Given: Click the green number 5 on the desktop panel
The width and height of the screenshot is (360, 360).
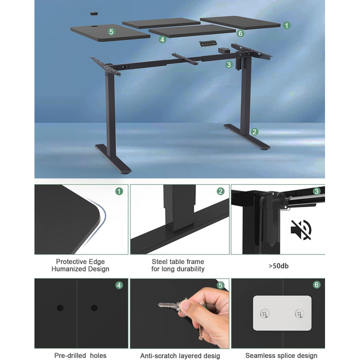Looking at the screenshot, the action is pyautogui.click(x=112, y=32).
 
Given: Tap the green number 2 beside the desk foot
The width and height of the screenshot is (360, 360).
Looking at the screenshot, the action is pyautogui.click(x=254, y=132).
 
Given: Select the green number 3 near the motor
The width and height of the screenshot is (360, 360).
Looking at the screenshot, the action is pyautogui.click(x=229, y=65).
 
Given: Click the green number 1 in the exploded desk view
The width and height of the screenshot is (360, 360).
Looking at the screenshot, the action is pyautogui.click(x=286, y=25).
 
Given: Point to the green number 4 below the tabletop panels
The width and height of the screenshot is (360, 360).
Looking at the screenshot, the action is pyautogui.click(x=163, y=40).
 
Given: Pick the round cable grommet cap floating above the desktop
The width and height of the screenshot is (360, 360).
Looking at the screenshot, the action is pyautogui.click(x=94, y=13).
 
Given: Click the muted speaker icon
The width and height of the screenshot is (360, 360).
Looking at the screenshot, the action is pyautogui.click(x=301, y=230).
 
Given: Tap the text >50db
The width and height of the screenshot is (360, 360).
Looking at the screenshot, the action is pyautogui.click(x=279, y=266).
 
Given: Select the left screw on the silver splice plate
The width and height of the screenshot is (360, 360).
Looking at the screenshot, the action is pyautogui.click(x=265, y=313).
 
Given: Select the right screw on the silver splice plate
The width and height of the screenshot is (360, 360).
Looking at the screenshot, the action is pyautogui.click(x=300, y=313).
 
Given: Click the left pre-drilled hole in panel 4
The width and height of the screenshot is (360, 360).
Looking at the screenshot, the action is pyautogui.click(x=60, y=308).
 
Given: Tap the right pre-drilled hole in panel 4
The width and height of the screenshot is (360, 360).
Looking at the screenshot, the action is pyautogui.click(x=94, y=308).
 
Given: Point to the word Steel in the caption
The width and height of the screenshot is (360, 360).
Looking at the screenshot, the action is pyautogui.click(x=158, y=262).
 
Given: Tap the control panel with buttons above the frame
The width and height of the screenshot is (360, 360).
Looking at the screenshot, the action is pyautogui.click(x=208, y=43).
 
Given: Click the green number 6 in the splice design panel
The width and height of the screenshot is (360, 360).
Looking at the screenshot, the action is pyautogui.click(x=317, y=285).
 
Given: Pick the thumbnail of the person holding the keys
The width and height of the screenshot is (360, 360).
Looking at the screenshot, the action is pyautogui.click(x=179, y=313).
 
